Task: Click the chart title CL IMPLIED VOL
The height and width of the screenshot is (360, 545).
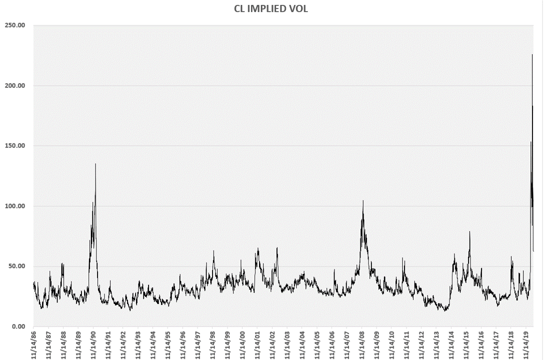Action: pos(271,8)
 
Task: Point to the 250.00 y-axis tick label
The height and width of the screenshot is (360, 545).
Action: pos(15,25)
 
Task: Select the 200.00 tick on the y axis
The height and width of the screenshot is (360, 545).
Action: pos(15,85)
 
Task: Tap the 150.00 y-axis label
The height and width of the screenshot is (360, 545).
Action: pos(15,146)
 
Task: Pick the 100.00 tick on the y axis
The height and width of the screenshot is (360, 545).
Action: pos(15,206)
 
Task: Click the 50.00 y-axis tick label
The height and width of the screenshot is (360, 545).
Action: pos(16,266)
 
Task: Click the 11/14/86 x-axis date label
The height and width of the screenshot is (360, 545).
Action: pos(33,344)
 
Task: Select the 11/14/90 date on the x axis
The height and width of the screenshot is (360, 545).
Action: pos(93,344)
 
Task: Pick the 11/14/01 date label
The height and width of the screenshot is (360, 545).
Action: pos(257,344)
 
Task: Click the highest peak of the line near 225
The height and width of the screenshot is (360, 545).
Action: pos(532,54)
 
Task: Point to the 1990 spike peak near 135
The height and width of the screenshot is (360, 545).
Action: pos(95,163)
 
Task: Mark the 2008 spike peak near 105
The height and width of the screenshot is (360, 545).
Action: pos(363,200)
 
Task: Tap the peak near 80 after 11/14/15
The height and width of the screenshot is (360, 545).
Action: pos(469,231)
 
